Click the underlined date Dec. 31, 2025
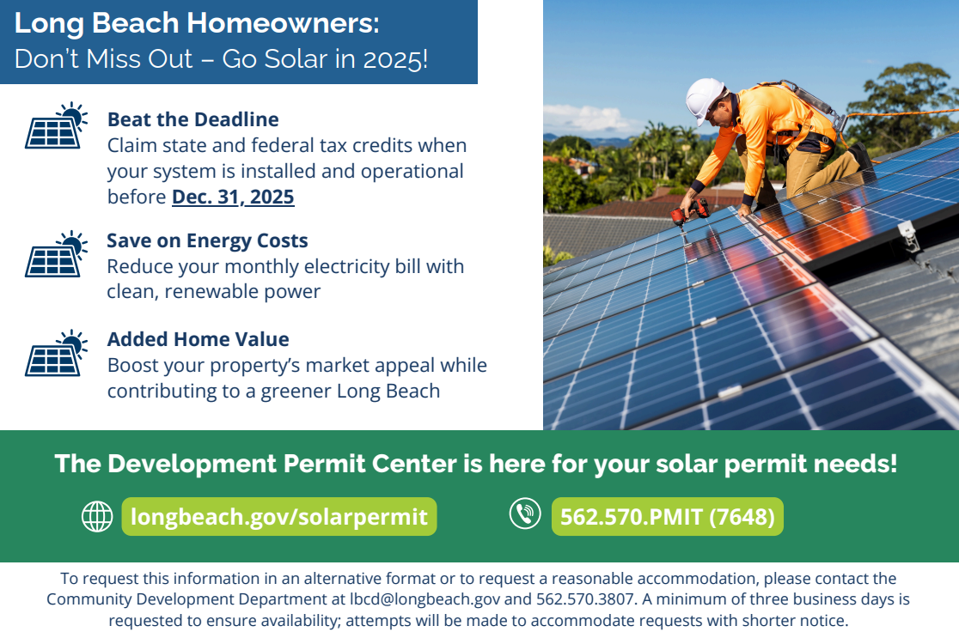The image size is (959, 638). [233, 197]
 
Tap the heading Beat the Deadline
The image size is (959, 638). [193, 119]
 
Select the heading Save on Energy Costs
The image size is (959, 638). [207, 240]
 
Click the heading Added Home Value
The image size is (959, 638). [199, 339]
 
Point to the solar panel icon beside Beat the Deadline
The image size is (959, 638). [56, 125]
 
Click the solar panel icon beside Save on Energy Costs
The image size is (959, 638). [56, 253]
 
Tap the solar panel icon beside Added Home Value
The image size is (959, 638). [56, 353]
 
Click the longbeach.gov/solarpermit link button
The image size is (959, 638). [279, 516]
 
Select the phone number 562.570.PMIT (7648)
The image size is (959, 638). [668, 516]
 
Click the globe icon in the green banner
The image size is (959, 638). [97, 516]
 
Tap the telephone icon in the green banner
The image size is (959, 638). [525, 513]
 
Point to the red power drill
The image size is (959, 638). [690, 213]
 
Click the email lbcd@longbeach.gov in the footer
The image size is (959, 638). [425, 599]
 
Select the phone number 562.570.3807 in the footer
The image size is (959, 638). [584, 599]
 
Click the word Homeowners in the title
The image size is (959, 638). [283, 23]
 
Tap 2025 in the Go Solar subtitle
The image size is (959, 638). [395, 59]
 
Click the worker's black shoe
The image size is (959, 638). [861, 155]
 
